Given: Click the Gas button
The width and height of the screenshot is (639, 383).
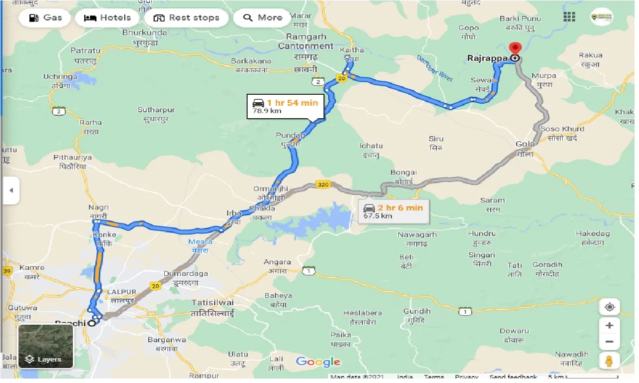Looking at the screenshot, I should click(x=45, y=18).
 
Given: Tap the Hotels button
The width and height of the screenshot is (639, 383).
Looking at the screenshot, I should click(x=107, y=18).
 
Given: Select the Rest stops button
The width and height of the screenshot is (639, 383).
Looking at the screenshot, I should click(x=186, y=18).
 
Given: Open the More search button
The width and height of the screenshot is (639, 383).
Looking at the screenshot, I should click(x=263, y=18).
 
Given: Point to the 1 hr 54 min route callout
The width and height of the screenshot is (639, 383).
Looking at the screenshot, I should click(x=286, y=106).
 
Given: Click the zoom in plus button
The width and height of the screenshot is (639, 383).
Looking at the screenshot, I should click(x=609, y=326).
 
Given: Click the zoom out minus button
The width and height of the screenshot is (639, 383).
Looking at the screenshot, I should click(x=609, y=342).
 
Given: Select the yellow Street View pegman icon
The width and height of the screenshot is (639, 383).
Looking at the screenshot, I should click(x=609, y=360).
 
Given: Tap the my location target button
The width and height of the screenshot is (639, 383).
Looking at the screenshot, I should click(x=609, y=307).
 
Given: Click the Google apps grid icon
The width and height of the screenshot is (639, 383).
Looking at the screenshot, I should click(x=569, y=17).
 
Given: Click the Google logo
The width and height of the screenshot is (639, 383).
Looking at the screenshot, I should click(x=318, y=362).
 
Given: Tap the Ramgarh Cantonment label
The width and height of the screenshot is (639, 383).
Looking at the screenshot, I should click(x=306, y=41).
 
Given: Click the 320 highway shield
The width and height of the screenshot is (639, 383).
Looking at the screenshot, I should click(x=323, y=185).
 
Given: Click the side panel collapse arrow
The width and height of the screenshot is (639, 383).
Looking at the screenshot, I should click(x=10, y=190).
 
